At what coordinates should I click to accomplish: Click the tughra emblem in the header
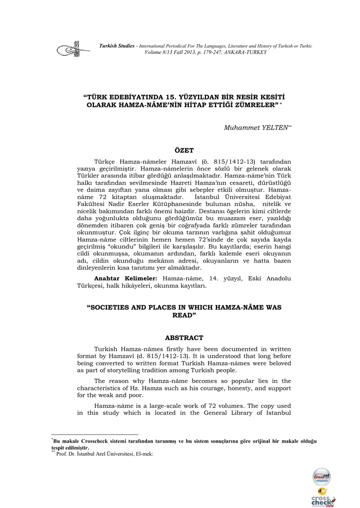pos(70,49)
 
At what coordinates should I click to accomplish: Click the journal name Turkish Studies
pos(117,46)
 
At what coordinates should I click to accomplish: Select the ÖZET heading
pos(184,150)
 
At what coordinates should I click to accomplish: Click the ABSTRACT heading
pos(184,338)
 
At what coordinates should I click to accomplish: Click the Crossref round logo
pos(321,477)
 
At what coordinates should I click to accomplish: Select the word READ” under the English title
pos(184,316)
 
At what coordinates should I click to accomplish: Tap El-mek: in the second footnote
pos(144,453)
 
